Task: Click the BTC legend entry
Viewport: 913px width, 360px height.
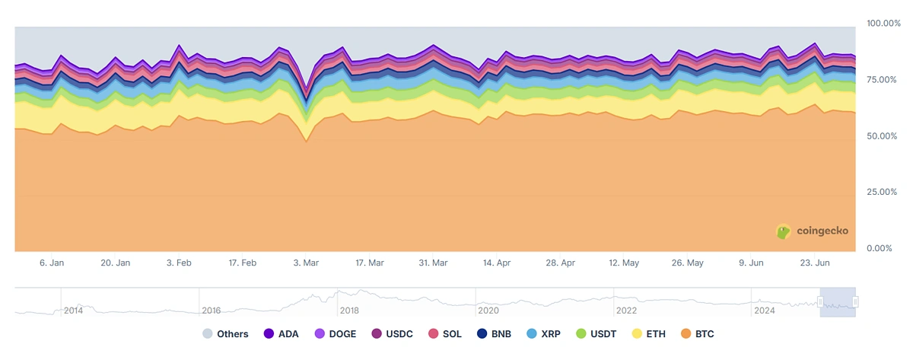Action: (696, 334)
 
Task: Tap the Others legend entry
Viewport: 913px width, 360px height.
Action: (225, 334)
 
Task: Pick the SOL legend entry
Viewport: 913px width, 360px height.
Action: (444, 334)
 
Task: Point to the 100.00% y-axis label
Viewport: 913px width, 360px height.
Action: (883, 24)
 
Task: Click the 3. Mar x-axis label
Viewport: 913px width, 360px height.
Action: (306, 263)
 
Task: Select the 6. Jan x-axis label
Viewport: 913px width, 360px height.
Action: (52, 263)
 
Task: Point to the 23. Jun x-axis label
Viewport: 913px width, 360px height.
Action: (816, 263)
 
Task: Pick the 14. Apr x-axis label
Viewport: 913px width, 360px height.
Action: (496, 263)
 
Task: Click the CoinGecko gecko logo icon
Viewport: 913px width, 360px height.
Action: (783, 231)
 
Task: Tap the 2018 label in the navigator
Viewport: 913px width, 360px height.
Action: (349, 311)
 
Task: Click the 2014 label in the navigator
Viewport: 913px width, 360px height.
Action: (73, 311)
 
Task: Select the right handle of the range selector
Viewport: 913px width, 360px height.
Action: (855, 302)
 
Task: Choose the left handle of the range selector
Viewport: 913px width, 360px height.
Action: (820, 302)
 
